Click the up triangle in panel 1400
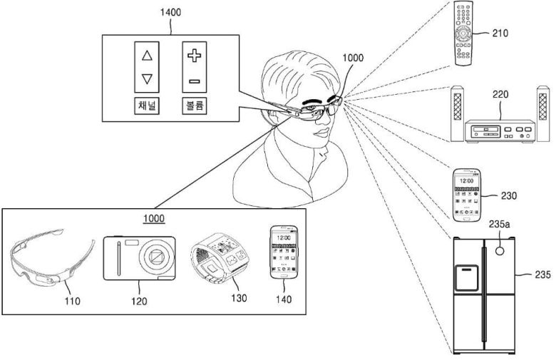pos(147,55)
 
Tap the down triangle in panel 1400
pos(147,78)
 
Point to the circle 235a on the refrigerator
pos(501,251)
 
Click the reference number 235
pos(541,273)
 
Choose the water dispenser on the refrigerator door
pos(465,278)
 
